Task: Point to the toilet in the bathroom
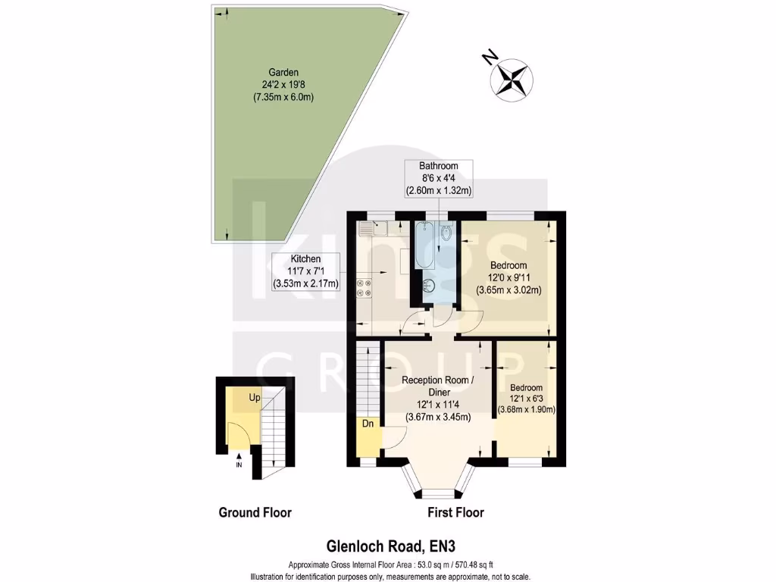pos(446,232)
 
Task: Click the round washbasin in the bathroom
pos(429,286)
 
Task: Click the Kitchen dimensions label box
pos(306,271)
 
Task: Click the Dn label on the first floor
pos(368,424)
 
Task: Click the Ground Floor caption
pos(255,512)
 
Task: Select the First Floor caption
pos(455,512)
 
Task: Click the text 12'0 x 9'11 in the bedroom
pos(508,277)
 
